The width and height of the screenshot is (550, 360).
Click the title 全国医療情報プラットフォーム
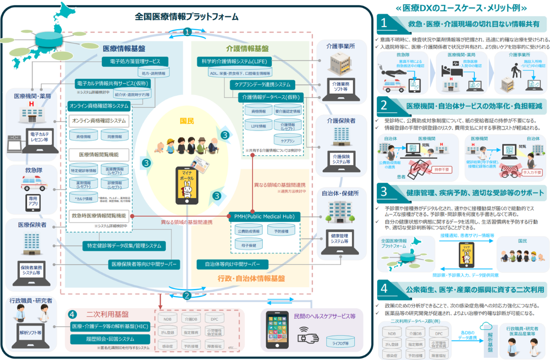(187, 17)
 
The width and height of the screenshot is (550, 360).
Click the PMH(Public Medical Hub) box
(264, 216)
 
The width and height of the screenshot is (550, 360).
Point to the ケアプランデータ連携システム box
(263, 85)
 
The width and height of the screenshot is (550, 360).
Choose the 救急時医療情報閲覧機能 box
(99, 215)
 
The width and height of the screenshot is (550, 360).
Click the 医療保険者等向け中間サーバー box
(143, 264)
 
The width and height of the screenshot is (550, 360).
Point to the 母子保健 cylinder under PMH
(247, 246)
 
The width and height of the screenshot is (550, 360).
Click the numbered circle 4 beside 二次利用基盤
(72, 315)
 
